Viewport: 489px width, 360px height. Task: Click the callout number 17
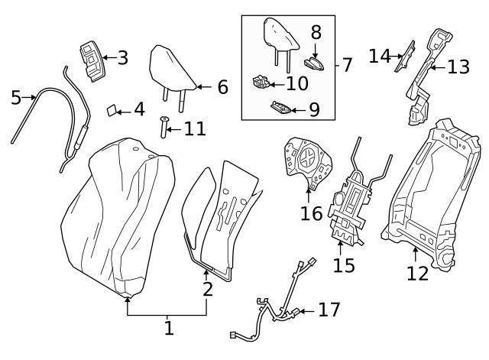pos(329,310)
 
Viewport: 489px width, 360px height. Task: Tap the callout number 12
pos(417,273)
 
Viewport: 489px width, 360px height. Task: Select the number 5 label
pos(16,97)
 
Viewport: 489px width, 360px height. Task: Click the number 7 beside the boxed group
pos(347,65)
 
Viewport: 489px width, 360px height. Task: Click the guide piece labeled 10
pos(261,82)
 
